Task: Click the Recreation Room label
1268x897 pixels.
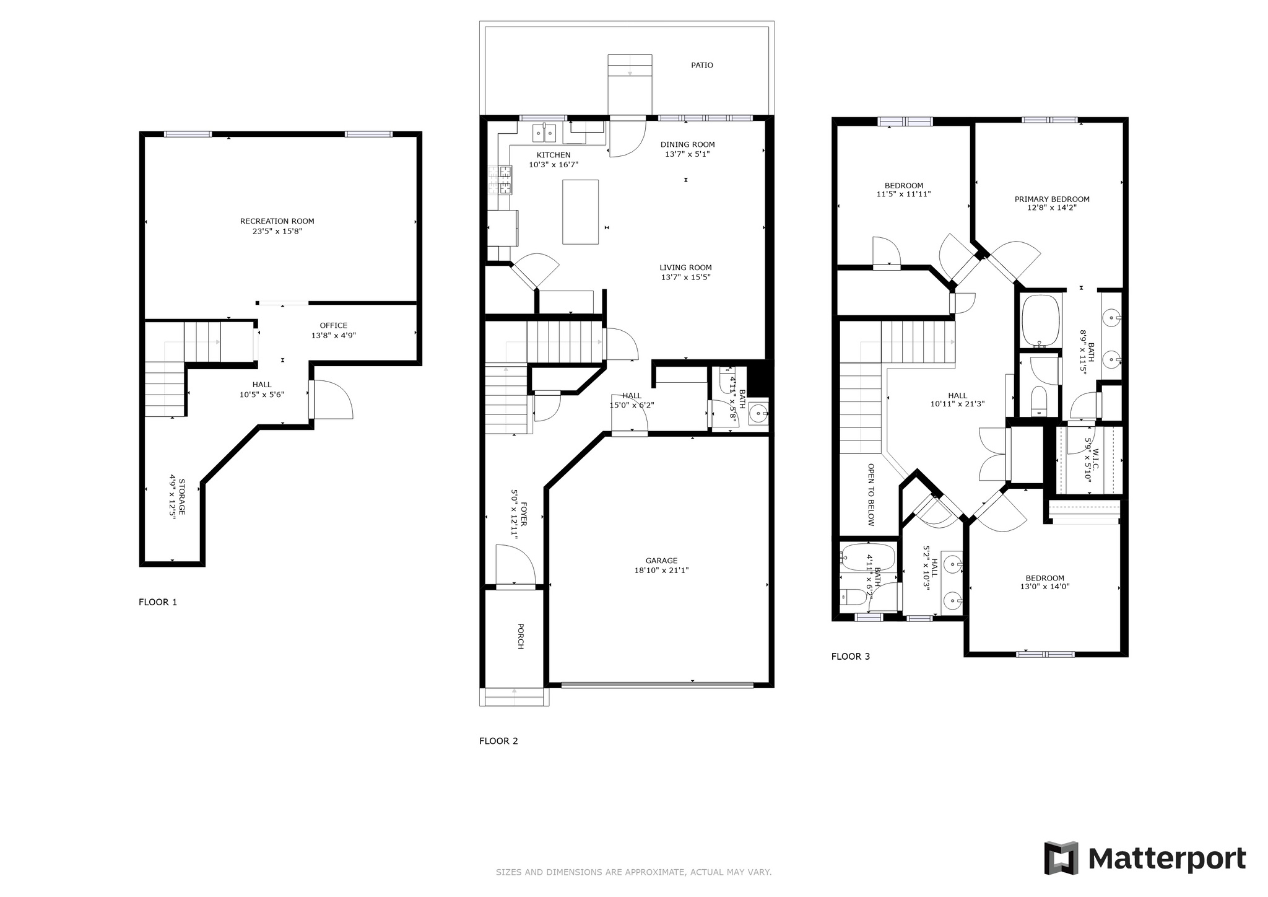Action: click(277, 221)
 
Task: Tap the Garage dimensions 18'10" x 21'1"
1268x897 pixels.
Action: click(661, 571)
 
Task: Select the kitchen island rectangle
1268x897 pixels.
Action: click(580, 212)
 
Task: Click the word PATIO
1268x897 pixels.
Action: click(702, 65)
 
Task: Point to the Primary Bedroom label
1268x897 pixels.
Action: click(1052, 199)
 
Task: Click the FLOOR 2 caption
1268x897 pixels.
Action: click(498, 741)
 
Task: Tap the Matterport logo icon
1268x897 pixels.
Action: click(1061, 859)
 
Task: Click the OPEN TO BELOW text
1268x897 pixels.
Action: click(871, 494)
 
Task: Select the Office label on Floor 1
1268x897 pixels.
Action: click(333, 326)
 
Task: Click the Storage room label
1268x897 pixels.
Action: click(182, 497)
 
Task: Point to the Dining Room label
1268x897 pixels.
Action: click(687, 144)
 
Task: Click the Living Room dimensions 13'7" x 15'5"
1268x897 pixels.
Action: click(685, 278)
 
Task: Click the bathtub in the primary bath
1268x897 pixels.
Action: click(1041, 320)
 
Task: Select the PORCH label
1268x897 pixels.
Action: click(521, 636)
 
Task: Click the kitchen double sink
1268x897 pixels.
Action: click(545, 133)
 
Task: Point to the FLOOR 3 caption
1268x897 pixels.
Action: click(851, 657)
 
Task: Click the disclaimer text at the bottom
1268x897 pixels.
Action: click(633, 872)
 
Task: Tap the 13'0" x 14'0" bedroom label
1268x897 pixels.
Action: click(1044, 587)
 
